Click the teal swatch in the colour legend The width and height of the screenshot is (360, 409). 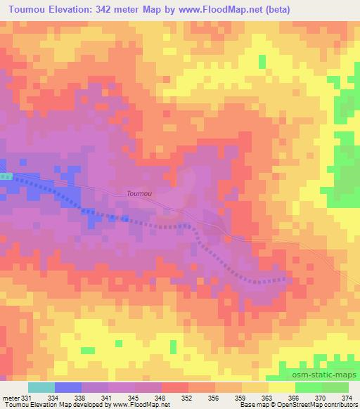pos(41,387)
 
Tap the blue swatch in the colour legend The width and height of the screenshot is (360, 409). pos(67,387)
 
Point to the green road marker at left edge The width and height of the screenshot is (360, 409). pos(6,176)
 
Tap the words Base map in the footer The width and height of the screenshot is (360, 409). pos(250,405)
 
